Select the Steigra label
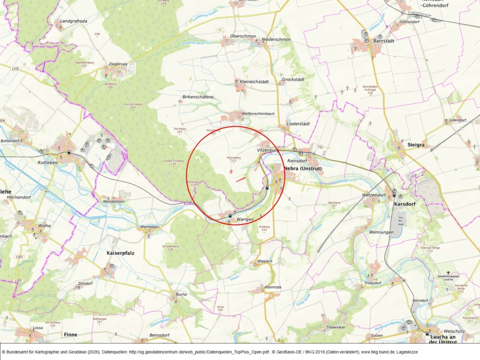[x=416, y=145]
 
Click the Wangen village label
[x=245, y=219]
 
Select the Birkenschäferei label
[x=198, y=97]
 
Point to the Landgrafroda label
[x=74, y=21]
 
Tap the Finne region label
[x=70, y=334]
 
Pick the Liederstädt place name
[x=298, y=124]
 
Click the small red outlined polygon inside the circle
[x=230, y=172]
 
